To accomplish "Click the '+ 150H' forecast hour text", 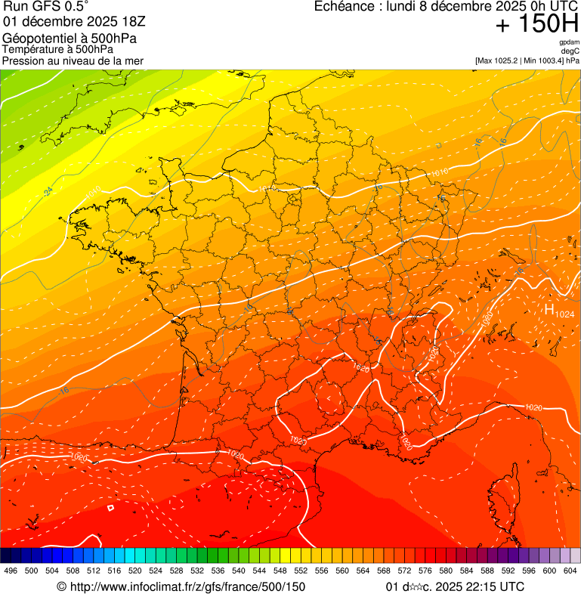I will point(537,25).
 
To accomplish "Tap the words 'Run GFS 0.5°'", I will point(45,7).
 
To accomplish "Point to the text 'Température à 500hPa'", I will point(53,49).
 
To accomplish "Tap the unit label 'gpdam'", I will point(569,42).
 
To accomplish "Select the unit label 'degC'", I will point(571,51).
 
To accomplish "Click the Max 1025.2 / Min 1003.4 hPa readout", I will point(527,60).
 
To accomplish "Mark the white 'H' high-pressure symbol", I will point(549,308).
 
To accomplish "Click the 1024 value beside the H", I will point(564,313).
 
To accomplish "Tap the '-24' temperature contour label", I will point(48,192).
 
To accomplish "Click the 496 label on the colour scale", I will point(11,571).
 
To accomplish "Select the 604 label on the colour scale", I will point(570,571).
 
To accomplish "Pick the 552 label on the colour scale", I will point(301,571).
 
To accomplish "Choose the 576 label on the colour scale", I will point(425,571).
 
